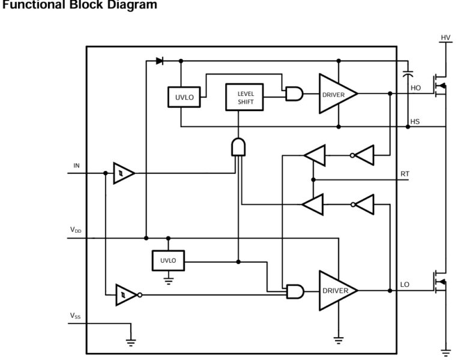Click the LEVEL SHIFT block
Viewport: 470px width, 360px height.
246,97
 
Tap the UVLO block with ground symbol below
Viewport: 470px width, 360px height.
168,261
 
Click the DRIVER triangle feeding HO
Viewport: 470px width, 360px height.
336,94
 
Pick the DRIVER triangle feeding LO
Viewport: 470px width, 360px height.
336,290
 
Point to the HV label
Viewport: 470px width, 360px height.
445,38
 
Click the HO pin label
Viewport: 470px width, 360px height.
415,88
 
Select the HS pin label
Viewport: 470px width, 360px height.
415,122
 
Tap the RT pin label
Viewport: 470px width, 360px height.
405,174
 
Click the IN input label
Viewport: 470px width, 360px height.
76,166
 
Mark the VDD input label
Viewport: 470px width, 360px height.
76,230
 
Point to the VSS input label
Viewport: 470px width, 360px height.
76,315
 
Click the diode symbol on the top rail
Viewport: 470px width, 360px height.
160,61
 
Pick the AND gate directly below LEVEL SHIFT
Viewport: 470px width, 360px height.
239,146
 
